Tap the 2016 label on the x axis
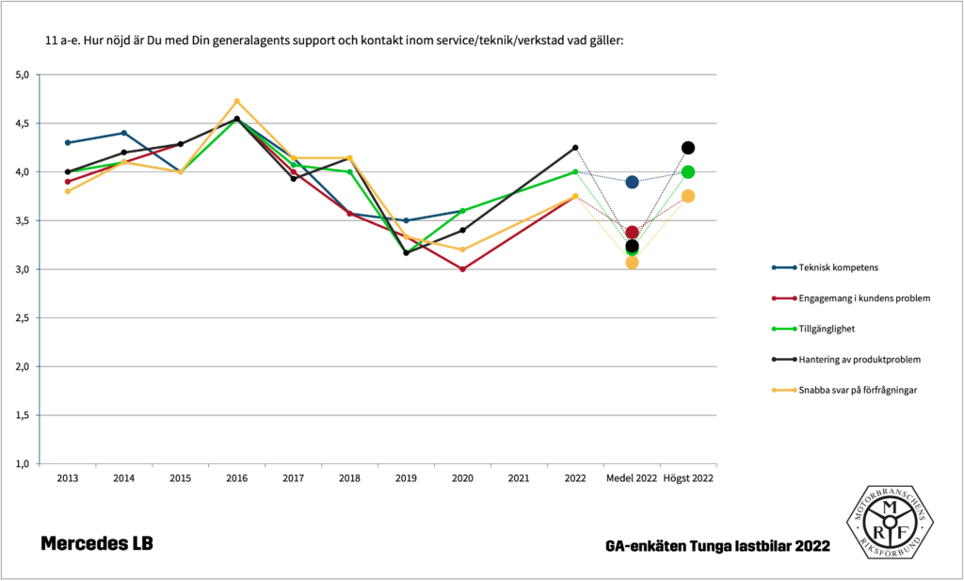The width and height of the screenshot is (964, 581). click(236, 478)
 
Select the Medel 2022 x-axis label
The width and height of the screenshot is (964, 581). click(632, 478)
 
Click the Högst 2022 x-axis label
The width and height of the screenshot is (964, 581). click(688, 478)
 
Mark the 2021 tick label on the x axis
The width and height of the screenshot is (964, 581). click(519, 478)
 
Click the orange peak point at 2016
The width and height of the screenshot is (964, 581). click(237, 101)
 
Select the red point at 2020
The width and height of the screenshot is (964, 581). click(462, 269)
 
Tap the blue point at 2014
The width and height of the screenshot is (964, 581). click(124, 133)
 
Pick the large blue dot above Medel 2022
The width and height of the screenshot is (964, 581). click(632, 182)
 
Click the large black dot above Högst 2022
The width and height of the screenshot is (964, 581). click(688, 148)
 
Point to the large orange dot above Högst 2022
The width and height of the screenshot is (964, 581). click(688, 196)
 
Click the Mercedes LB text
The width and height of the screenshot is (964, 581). click(96, 544)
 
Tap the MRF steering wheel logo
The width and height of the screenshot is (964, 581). click(890, 523)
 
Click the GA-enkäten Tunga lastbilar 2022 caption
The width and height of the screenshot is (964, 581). click(718, 546)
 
